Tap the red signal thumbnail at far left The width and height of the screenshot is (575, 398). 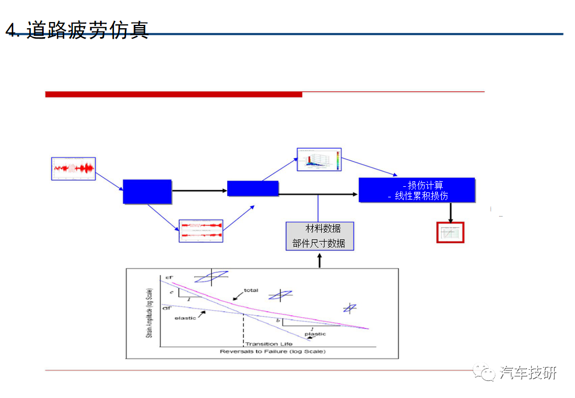[x=74, y=169]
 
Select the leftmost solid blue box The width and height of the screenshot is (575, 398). [x=147, y=191]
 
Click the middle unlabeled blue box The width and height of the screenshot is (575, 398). [x=253, y=188]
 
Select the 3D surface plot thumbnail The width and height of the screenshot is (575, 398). [x=319, y=159]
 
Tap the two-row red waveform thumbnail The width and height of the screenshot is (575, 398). [x=201, y=231]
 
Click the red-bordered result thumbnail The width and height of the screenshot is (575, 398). [x=450, y=233]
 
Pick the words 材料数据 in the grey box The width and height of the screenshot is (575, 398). [x=323, y=228]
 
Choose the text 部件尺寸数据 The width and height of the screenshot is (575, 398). [x=319, y=243]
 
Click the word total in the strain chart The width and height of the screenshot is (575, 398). [x=251, y=290]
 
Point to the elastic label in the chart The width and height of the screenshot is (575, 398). [x=185, y=318]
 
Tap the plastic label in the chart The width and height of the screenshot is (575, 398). [x=315, y=334]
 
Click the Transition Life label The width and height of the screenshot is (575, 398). [x=269, y=344]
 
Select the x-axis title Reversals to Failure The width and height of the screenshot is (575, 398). [x=273, y=352]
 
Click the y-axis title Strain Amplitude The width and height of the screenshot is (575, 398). [x=150, y=312]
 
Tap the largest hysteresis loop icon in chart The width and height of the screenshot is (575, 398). [x=211, y=277]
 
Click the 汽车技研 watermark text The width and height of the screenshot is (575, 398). [x=528, y=373]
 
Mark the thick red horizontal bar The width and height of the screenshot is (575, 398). [x=174, y=95]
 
